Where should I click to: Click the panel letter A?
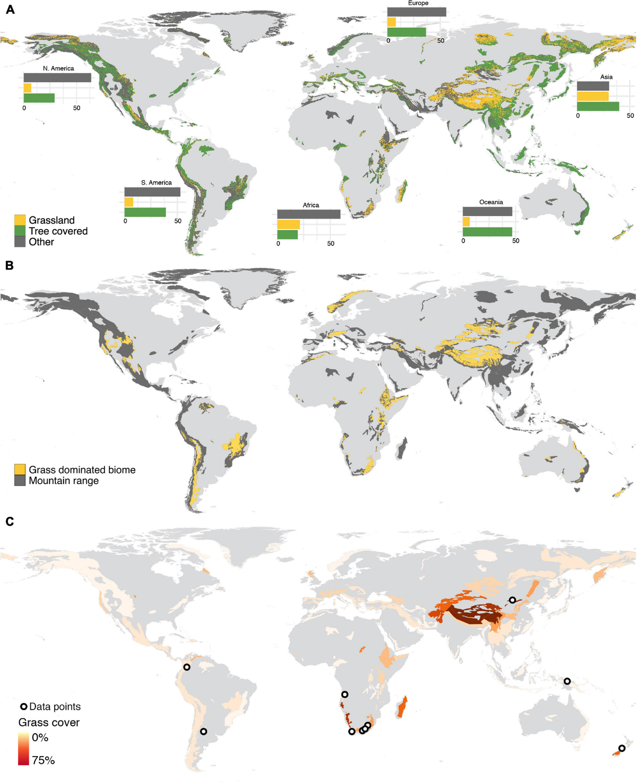tap(10, 10)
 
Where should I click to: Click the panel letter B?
tap(10, 265)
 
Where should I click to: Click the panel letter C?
tap(10, 521)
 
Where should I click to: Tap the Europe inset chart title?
tap(418, 3)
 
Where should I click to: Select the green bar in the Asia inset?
tap(598, 107)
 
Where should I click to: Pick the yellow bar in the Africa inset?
tap(288, 224)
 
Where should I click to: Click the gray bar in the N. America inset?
tap(57, 78)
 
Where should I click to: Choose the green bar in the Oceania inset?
tap(487, 232)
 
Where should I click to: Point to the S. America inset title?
tap(156, 182)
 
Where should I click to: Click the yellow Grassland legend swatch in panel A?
tap(20, 220)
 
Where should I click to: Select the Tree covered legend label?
tap(58, 231)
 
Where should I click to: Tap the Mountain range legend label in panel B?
tap(64, 481)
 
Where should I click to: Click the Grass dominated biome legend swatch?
tap(20, 469)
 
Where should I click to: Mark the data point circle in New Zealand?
tap(622, 749)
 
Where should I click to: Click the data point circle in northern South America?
tap(187, 667)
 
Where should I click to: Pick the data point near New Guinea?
tap(567, 681)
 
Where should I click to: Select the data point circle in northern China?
tap(512, 600)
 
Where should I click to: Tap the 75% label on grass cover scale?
tap(43, 760)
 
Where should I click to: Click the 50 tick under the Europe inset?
tap(441, 40)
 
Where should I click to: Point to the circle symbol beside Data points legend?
tap(24, 707)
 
